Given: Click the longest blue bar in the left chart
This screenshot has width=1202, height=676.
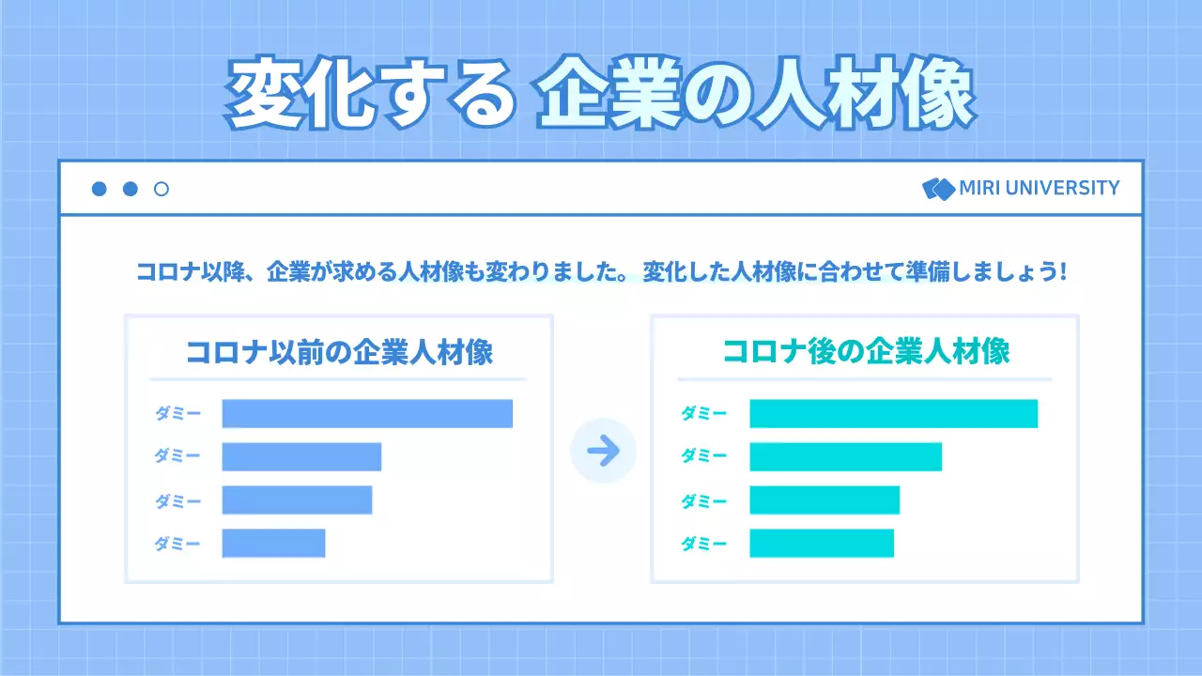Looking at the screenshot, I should click(367, 414).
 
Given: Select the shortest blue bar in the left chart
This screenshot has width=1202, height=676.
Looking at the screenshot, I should click(273, 544).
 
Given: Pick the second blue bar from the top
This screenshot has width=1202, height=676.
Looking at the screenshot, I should click(301, 457).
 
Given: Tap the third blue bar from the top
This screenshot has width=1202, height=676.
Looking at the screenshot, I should click(297, 500).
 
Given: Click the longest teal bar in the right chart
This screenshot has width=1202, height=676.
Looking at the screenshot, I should click(893, 414).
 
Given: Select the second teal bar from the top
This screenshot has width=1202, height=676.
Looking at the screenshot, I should click(845, 457).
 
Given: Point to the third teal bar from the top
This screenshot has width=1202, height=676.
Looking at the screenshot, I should click(824, 500).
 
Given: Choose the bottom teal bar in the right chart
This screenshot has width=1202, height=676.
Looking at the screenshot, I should click(822, 544).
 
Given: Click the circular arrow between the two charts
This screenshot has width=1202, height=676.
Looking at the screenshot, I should click(603, 451).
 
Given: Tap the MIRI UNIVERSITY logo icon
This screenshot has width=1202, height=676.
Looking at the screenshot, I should click(938, 189).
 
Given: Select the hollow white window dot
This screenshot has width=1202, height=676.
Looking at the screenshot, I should click(162, 189).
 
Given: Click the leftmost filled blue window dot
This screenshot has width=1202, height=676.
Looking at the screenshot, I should click(99, 189).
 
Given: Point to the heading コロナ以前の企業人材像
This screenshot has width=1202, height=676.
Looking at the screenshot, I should click(339, 352).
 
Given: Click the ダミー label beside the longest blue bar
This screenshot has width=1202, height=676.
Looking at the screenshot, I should click(177, 414).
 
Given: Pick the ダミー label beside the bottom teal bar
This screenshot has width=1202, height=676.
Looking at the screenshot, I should click(703, 544).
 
